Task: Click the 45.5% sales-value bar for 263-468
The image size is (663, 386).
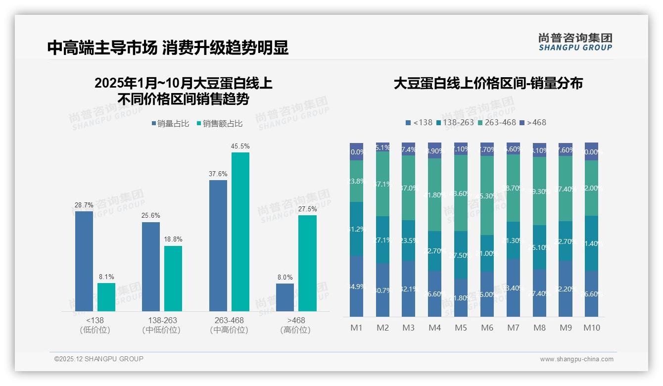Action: pos(240,232)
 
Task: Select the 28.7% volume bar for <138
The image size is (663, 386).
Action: pos(84,261)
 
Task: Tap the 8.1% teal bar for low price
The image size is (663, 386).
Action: pos(106,297)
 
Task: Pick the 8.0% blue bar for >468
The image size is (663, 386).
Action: pos(285,297)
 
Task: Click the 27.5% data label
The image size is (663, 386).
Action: pos(307,209)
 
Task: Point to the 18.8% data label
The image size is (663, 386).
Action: pos(173,240)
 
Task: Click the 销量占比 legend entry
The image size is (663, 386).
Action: pos(170,124)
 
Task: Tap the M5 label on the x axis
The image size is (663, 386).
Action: pos(461,328)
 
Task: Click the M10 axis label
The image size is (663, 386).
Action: pos(591,328)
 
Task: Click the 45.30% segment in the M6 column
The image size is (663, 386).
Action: pos(487,195)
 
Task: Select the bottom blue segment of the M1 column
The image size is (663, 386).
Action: pos(356,286)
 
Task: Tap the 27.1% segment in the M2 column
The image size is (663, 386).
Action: pos(382,240)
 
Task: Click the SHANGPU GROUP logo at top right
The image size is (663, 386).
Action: pos(575,42)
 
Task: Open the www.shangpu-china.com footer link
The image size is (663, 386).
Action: pos(576,359)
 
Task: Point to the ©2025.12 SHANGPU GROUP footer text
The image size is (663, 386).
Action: pos(99,359)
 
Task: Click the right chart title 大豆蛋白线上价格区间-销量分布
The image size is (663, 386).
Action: pos(488,83)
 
